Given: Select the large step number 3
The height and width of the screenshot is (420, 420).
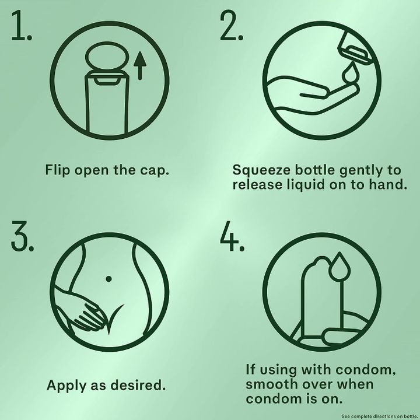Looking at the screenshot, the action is (x=22, y=236).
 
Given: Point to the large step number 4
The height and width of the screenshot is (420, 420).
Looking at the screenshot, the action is (x=232, y=236).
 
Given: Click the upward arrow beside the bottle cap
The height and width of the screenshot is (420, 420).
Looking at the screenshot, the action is (x=140, y=65).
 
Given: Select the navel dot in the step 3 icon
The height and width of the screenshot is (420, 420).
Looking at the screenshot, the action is (x=108, y=279).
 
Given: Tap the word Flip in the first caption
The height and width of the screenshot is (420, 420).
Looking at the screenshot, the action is (x=58, y=170).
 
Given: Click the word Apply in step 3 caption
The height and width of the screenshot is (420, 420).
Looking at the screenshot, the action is (x=66, y=386).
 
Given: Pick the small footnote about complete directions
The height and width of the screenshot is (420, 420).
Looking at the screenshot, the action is (x=379, y=416).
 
